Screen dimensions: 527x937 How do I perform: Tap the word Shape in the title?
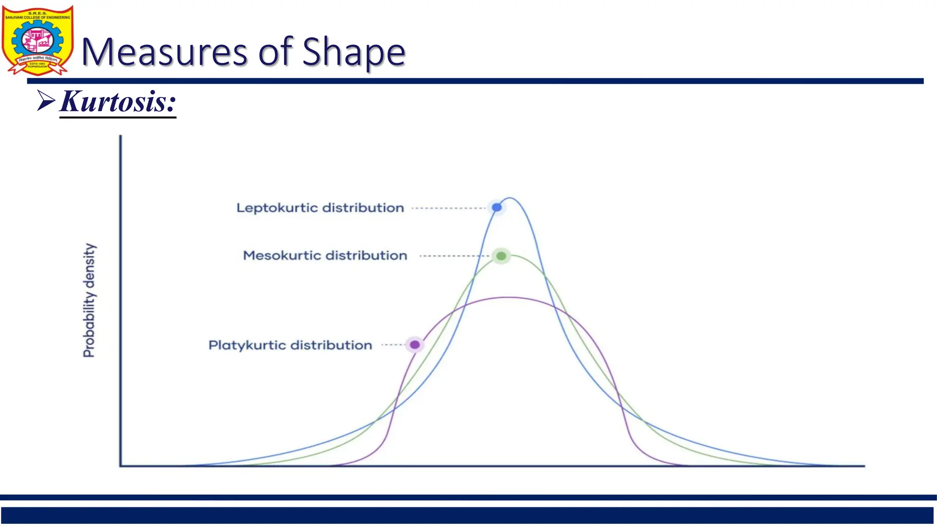click(354, 52)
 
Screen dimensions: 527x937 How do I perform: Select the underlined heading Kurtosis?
click(118, 101)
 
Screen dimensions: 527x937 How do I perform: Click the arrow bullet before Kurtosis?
click(46, 101)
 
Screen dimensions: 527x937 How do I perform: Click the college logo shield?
click(38, 40)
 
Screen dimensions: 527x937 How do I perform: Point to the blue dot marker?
click(496, 208)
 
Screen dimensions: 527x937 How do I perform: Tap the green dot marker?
click(501, 256)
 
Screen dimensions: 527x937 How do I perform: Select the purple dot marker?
click(415, 344)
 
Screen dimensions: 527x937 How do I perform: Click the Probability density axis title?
click(89, 300)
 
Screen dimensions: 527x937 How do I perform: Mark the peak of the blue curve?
click(510, 198)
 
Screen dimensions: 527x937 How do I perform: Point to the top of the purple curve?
click(508, 298)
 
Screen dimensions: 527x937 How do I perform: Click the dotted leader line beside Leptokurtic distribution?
click(448, 208)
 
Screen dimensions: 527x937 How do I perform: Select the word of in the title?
click(276, 52)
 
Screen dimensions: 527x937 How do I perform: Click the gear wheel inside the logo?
click(22, 40)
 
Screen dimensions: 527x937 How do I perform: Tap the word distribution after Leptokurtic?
click(363, 208)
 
